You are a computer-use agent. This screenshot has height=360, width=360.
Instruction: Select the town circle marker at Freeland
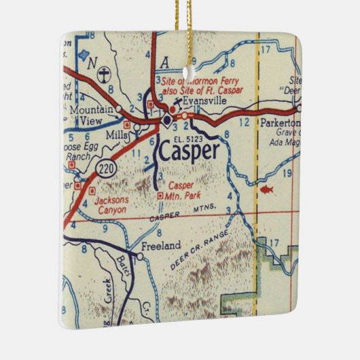(x=140, y=257)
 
